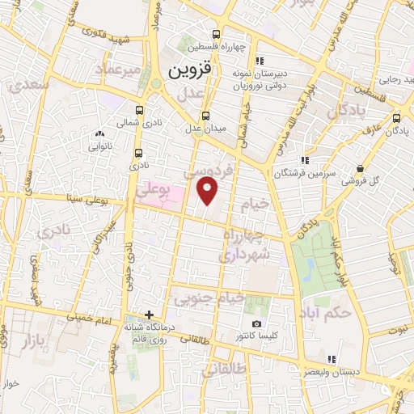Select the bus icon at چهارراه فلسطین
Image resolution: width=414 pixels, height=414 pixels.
215,34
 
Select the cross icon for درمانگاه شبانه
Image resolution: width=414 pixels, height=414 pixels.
149,314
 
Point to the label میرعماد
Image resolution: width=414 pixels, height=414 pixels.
121,70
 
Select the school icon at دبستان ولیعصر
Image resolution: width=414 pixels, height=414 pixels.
330,359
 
